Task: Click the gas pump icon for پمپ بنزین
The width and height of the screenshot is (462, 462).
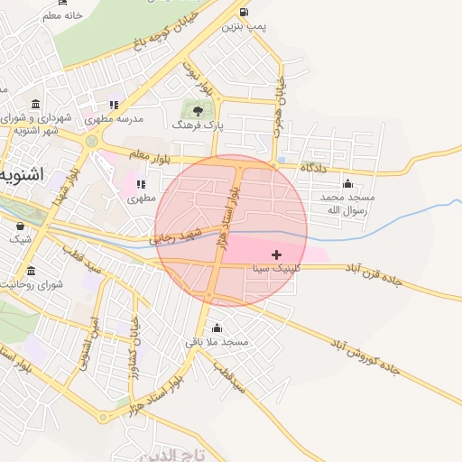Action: tap(245, 12)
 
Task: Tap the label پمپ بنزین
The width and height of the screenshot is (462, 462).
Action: tap(245, 27)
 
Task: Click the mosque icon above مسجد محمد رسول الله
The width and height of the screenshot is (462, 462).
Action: tap(348, 183)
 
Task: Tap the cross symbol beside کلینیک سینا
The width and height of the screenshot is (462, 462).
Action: tap(276, 254)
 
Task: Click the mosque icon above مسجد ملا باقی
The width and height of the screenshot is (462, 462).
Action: tap(216, 328)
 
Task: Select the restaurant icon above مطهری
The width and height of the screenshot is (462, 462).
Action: tap(141, 183)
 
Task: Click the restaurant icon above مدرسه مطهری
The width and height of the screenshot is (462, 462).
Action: tap(115, 104)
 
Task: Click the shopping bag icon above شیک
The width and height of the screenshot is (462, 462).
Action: tap(20, 226)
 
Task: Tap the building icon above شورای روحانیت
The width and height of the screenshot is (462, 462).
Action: tap(32, 271)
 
